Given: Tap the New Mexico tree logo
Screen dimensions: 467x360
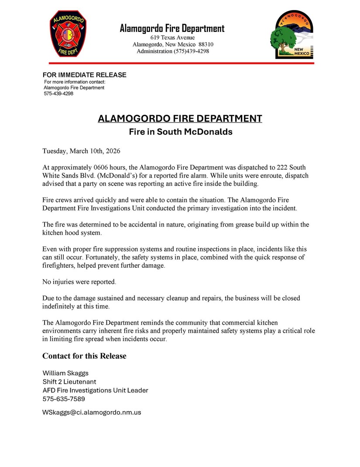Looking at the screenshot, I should coord(292,35).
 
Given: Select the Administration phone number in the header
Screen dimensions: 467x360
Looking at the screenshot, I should coord(192,51).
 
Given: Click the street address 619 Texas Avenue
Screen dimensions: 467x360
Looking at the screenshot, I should coord(173,37).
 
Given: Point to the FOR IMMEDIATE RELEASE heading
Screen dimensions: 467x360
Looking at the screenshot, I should coord(84,75).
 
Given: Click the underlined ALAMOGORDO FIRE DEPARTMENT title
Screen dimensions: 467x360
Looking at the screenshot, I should coord(180,119).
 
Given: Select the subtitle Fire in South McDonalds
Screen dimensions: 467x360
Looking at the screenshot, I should coord(180,132).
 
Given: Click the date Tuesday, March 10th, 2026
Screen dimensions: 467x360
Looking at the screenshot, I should coord(81,151).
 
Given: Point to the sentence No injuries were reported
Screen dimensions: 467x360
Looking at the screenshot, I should coord(79,282).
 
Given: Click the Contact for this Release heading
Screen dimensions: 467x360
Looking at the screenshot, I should coord(84,356).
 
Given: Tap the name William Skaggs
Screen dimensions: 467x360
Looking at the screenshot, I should coord(65,373).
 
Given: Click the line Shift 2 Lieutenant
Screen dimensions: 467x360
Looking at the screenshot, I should coord(69,382).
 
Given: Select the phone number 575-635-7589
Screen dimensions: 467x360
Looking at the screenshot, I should coord(64,399).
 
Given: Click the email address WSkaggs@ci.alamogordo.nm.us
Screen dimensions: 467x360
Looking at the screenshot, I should coord(92,412).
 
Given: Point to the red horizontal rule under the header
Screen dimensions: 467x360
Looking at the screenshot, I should coord(180,63).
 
